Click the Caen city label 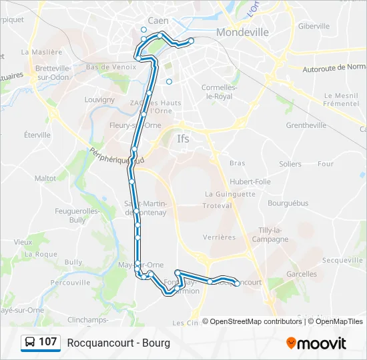click(x=158, y=21)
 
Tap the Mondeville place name click(x=243, y=32)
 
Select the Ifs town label click(x=183, y=139)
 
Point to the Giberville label click(x=314, y=26)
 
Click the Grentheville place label click(x=306, y=125)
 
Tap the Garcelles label click(x=302, y=274)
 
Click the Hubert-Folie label click(x=250, y=181)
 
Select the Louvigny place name click(x=99, y=100)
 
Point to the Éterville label click(x=37, y=135)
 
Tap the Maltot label click(x=45, y=179)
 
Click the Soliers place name click(x=290, y=164)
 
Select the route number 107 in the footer click(x=47, y=342)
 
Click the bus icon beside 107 click(x=30, y=343)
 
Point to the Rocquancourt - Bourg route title click(x=119, y=343)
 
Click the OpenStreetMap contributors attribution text click(x=256, y=321)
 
